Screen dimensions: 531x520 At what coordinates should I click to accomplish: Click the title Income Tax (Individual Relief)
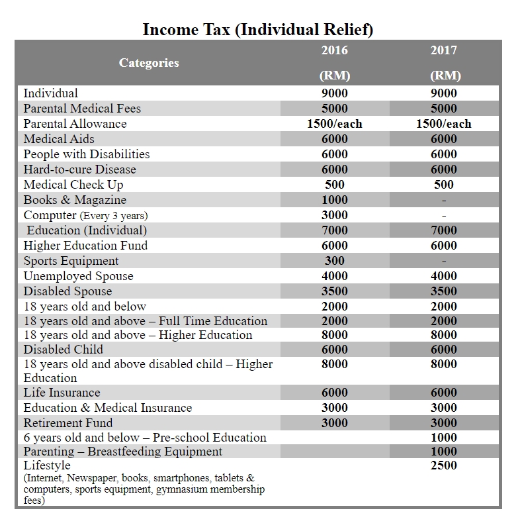pos(258,30)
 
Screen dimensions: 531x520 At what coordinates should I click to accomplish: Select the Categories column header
pos(149,63)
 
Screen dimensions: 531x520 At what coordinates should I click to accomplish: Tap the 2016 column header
pos(334,50)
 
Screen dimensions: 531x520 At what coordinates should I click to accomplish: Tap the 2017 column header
pos(443,50)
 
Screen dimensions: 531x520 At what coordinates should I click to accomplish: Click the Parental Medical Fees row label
pos(82,109)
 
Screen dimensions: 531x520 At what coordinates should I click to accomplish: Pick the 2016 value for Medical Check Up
pos(334,185)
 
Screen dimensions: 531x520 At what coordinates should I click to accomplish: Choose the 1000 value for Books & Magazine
pos(334,200)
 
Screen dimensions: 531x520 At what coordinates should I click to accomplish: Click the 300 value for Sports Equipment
pos(334,261)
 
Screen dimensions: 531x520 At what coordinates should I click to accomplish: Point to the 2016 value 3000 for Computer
pos(334,215)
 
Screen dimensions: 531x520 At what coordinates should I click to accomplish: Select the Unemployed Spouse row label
pos(78,276)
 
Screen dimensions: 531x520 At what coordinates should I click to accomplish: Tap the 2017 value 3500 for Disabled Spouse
pos(443,291)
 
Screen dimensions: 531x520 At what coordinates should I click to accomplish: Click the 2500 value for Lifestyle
pos(443,465)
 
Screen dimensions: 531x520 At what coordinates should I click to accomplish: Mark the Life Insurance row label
pos(62,393)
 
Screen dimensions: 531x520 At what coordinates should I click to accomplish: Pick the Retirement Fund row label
pos(68,423)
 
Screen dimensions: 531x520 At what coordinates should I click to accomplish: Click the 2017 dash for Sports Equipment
pos(443,261)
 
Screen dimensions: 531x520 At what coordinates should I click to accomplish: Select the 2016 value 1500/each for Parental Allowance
pos(334,124)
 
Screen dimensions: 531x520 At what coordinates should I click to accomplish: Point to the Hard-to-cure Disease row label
pos(79,169)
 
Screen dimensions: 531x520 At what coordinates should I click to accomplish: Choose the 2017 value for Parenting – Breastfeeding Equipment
pos(443,452)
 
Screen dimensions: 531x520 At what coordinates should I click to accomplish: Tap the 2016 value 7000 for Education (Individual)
pos(334,230)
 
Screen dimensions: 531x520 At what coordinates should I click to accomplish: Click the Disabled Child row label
pos(64,350)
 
